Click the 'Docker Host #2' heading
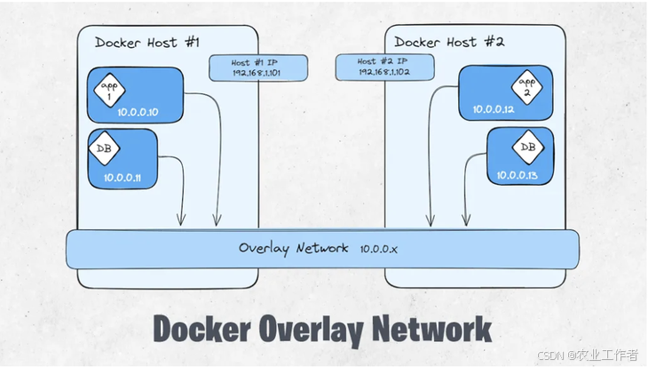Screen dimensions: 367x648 pos(449,42)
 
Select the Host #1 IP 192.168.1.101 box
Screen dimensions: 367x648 pos(258,68)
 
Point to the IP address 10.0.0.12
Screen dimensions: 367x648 pos(494,109)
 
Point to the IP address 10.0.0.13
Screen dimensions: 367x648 pos(519,175)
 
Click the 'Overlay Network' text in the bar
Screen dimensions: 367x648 pos(293,248)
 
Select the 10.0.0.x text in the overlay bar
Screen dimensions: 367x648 pos(379,249)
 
